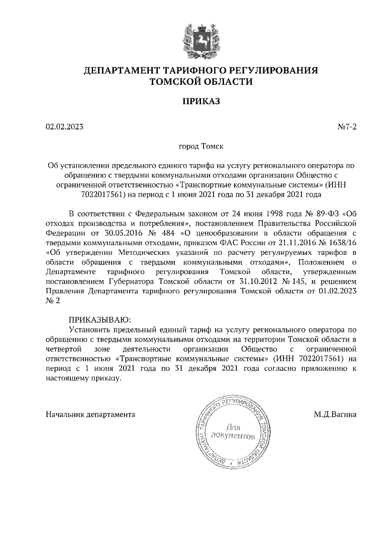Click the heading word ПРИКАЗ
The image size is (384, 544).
click(x=192, y=101)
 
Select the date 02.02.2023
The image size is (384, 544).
click(x=64, y=127)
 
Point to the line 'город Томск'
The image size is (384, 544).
click(x=192, y=145)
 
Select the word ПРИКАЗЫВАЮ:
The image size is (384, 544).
click(x=99, y=320)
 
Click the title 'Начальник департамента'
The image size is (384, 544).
click(x=91, y=414)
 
